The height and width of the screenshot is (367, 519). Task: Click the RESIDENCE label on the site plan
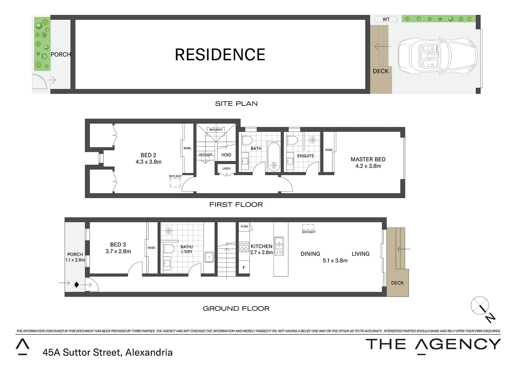pos(220,55)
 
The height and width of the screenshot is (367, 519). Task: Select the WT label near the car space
pos(386,19)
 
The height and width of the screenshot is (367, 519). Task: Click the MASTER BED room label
pos(368,159)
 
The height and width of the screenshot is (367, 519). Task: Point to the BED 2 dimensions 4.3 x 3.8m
pos(148,162)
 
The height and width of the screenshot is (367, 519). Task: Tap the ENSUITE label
pos(305,156)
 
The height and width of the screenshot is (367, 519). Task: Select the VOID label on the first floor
pos(226,155)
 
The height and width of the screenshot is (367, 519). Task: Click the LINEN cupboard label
pos(226,169)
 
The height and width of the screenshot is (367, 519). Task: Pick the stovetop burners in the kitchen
pos(244,246)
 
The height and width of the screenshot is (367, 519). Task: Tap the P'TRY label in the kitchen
pos(244,227)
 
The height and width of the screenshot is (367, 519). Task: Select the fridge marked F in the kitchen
pos(244,267)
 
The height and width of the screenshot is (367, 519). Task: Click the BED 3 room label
pos(118,245)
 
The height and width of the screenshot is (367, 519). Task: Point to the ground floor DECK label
pos(397,283)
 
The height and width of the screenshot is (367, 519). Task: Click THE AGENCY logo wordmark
pos(433,344)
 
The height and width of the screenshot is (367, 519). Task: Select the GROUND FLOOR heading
pos(236,309)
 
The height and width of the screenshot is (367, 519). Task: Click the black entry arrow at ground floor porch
pos(77,284)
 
